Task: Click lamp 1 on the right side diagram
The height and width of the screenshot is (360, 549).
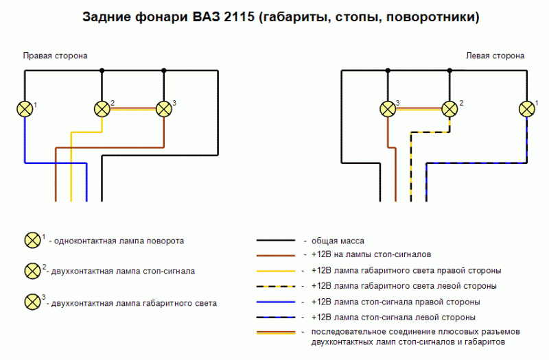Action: (25, 109)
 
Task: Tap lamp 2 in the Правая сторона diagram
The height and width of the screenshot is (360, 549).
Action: (102, 109)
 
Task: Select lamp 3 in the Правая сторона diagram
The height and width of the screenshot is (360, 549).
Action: (163, 109)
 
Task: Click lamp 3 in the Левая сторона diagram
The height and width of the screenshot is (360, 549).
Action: (388, 109)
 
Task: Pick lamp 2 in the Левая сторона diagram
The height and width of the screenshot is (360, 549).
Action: (449, 109)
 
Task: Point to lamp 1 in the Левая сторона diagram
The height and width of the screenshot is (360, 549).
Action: (527, 109)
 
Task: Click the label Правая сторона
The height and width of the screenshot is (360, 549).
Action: (55, 56)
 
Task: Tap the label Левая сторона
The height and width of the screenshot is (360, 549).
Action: (495, 56)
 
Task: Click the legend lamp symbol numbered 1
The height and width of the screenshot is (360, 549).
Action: (32, 241)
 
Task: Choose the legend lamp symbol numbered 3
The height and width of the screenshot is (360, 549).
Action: (32, 302)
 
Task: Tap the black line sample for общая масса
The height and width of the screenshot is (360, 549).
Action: (276, 241)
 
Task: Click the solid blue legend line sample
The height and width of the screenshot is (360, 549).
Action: (276, 302)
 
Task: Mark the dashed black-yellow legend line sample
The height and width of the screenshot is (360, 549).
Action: (276, 286)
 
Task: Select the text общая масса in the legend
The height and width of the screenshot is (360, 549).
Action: (338, 241)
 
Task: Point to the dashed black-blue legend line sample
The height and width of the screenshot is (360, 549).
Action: (276, 317)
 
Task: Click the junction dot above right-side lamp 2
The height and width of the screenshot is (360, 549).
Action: (102, 71)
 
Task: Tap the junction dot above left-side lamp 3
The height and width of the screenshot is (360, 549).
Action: (388, 71)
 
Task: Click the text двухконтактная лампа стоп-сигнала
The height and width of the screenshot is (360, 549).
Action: (123, 272)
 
